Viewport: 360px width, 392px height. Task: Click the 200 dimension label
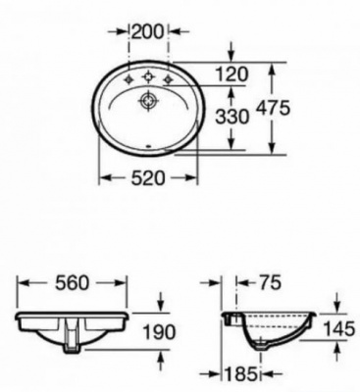(x=146, y=31)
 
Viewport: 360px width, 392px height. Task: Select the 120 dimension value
(x=232, y=74)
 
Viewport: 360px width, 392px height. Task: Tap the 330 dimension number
(x=232, y=117)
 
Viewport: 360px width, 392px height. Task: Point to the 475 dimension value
(x=273, y=108)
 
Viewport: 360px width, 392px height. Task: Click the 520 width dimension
(x=148, y=178)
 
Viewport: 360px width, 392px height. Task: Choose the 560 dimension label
(x=72, y=283)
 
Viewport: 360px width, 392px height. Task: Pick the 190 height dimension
(x=159, y=332)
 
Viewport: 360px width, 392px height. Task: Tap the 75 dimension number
(x=270, y=282)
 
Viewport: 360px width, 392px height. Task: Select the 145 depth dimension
(x=338, y=328)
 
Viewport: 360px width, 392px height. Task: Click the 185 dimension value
(x=240, y=373)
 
